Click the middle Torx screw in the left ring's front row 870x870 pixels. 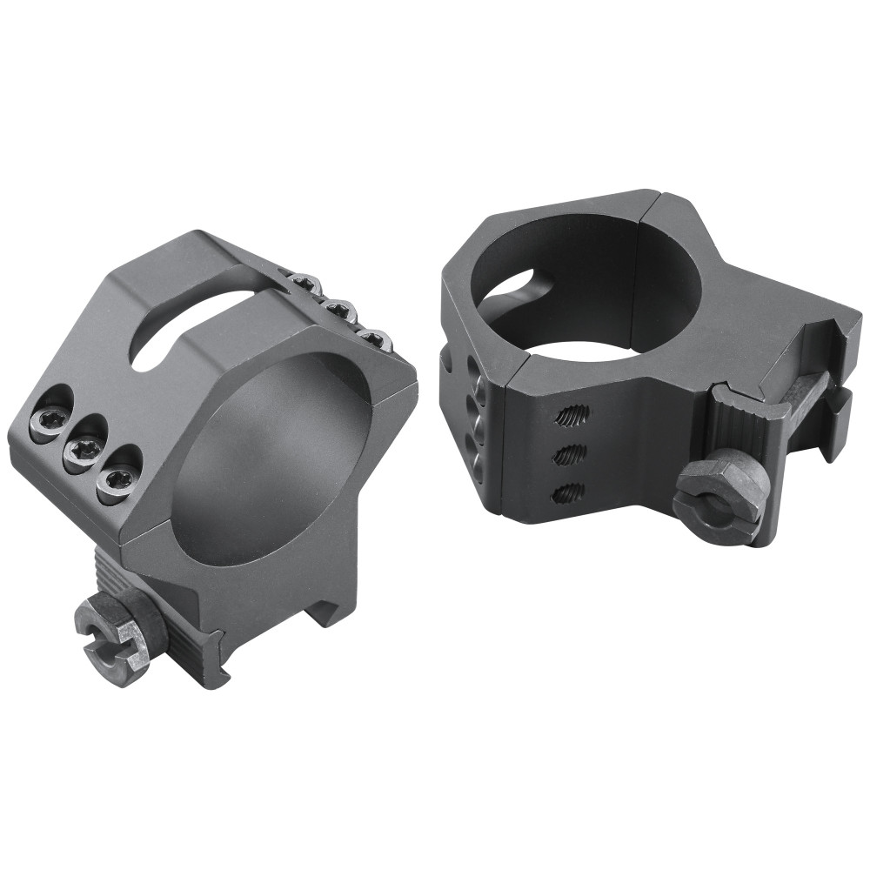pos(84,449)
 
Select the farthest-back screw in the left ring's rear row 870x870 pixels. pos(304,284)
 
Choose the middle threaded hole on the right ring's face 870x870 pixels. pos(567,454)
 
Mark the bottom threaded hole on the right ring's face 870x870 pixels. pos(567,492)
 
